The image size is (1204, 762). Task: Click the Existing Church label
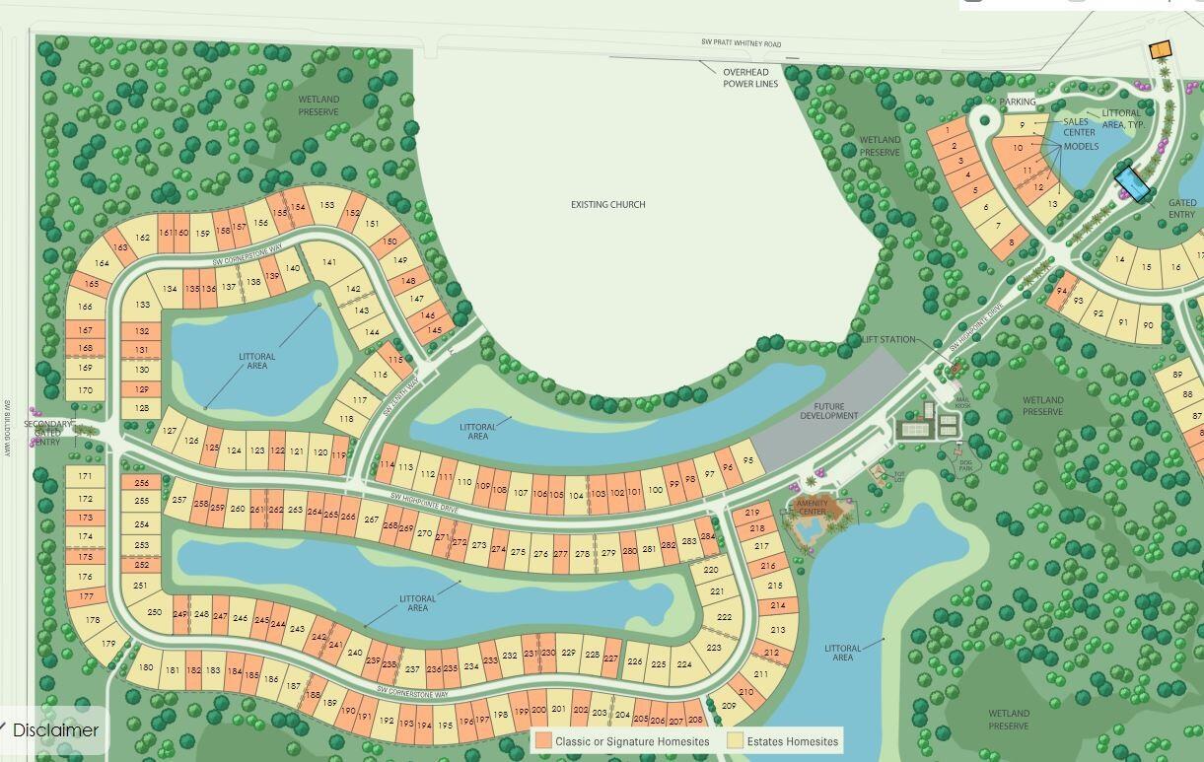point(607,205)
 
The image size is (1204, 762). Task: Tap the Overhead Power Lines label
point(750,78)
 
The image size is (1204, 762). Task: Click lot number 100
point(656,489)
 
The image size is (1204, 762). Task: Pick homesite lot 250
point(154,612)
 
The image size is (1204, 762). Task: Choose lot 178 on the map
point(92,620)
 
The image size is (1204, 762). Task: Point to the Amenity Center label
point(812,507)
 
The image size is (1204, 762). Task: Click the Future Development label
point(829,411)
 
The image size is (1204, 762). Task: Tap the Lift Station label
point(888,339)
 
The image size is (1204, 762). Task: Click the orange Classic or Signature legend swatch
point(543,740)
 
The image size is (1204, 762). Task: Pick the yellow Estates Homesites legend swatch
point(735,740)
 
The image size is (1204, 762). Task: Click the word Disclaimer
point(55,730)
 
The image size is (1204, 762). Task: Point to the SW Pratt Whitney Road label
point(741,43)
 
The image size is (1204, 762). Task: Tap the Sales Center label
point(1079,127)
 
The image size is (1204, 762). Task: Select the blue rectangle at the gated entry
point(1132,184)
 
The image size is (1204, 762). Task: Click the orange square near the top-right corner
point(1160,48)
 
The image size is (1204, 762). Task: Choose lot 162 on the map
point(143,238)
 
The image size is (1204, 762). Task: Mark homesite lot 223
point(714,648)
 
